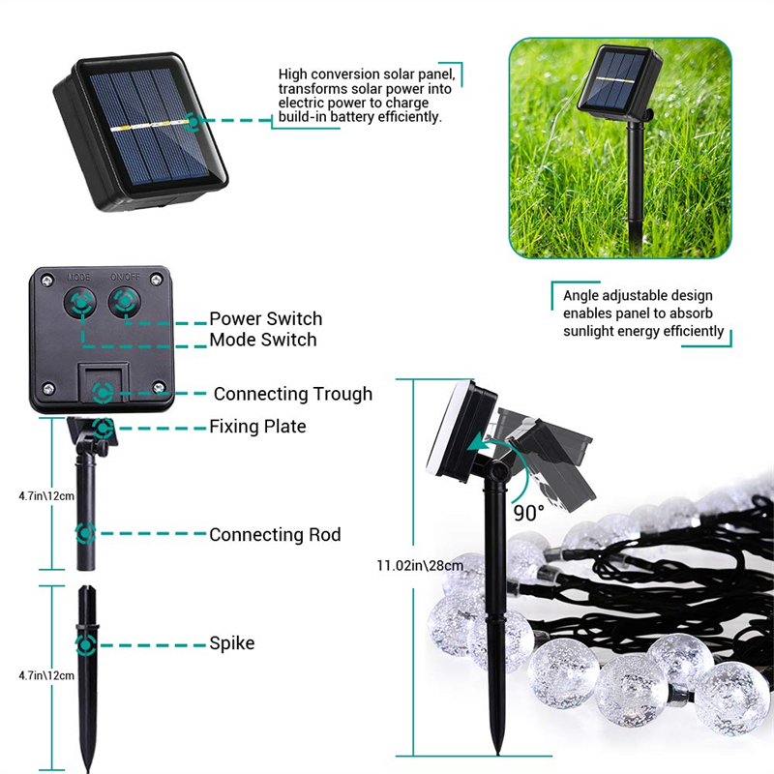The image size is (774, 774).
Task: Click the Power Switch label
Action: [265, 318]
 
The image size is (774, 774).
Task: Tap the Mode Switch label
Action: [263, 340]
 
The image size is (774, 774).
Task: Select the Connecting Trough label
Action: [293, 394]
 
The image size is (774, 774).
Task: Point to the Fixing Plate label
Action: [257, 427]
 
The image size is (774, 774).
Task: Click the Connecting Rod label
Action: [275, 535]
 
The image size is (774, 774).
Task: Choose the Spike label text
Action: [232, 643]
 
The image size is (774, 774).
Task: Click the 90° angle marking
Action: [528, 514]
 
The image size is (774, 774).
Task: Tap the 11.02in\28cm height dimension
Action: [420, 566]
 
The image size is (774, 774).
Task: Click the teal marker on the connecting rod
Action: [85, 533]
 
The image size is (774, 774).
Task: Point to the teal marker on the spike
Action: [86, 644]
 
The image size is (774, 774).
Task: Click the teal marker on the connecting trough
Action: [103, 393]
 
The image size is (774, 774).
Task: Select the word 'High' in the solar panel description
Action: [293, 74]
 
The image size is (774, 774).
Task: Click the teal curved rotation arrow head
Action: [475, 443]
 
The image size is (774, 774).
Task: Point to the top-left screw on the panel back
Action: [47, 282]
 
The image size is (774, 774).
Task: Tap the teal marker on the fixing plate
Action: [104, 428]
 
